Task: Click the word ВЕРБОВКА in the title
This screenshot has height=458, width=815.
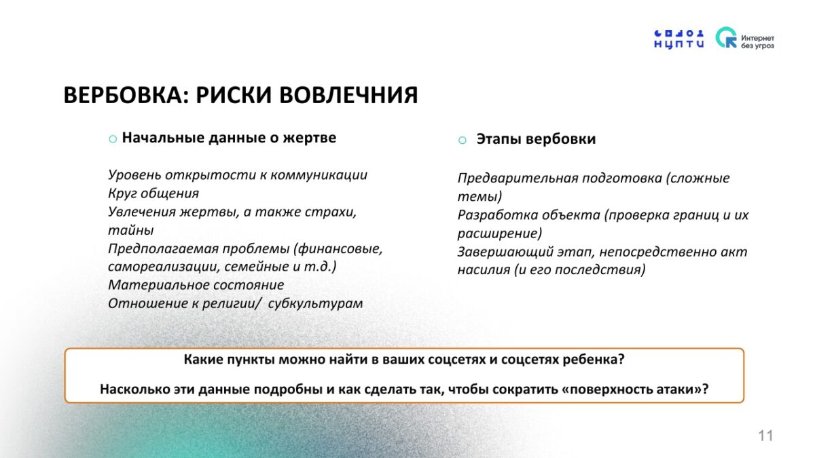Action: (126, 95)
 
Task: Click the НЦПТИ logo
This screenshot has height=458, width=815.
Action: (679, 39)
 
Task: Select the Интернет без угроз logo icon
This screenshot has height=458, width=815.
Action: (726, 37)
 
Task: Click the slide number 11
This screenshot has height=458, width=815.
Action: (765, 436)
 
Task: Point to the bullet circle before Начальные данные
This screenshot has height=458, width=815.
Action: (113, 139)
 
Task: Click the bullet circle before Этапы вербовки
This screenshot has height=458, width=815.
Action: (463, 140)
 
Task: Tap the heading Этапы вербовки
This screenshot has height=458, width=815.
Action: (536, 139)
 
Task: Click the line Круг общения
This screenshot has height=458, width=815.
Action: (153, 193)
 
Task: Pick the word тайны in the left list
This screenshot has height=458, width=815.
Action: (131, 230)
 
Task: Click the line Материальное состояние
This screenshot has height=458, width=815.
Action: (196, 285)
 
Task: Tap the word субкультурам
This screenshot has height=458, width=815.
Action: (315, 303)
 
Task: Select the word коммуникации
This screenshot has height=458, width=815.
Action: (319, 175)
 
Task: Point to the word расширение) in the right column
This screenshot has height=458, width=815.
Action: (500, 233)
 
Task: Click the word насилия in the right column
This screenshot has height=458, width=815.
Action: (484, 270)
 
